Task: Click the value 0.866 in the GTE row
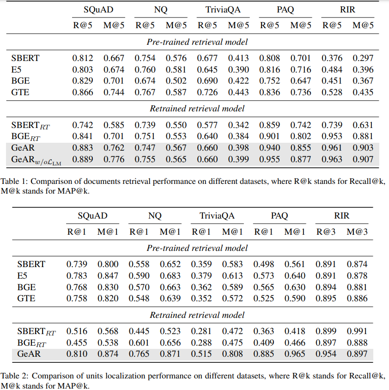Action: [x=82, y=92]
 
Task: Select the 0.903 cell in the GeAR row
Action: [x=363, y=148]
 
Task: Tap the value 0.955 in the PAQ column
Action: [x=269, y=159]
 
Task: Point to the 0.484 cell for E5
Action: [x=332, y=70]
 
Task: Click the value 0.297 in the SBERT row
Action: [x=363, y=58]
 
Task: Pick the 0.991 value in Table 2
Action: [x=358, y=331]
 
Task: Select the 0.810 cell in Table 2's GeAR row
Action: [x=76, y=354]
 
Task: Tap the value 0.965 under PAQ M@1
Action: [x=295, y=354]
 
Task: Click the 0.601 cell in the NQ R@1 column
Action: [x=139, y=343]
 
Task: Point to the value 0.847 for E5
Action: [x=108, y=276]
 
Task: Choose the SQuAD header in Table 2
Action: [x=92, y=216]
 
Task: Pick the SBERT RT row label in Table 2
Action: [x=36, y=332]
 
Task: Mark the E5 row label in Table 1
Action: [x=17, y=70]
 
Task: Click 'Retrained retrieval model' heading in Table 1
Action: [x=197, y=109]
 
